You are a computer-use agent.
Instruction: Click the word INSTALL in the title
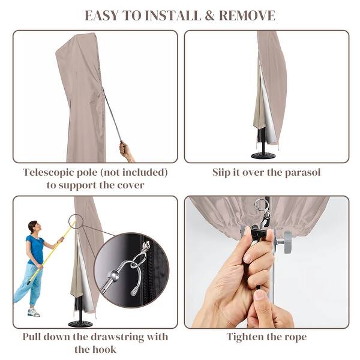[173, 16]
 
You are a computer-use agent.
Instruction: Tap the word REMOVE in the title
[247, 16]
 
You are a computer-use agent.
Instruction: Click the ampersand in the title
[209, 16]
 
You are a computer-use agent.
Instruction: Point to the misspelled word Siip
[221, 173]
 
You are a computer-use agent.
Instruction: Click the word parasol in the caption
[302, 173]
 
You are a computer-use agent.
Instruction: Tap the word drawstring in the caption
[117, 337]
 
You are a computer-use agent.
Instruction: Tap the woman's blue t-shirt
[35, 250]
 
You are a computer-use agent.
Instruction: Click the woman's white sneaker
[34, 312]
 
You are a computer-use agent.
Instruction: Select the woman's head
[33, 227]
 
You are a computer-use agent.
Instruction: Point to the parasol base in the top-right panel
[263, 155]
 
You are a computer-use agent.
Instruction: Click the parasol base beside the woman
[80, 324]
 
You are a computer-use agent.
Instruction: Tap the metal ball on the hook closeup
[113, 274]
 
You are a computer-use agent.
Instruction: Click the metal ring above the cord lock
[261, 205]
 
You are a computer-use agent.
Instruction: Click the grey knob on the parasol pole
[287, 242]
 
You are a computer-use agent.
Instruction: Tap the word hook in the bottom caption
[104, 350]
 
